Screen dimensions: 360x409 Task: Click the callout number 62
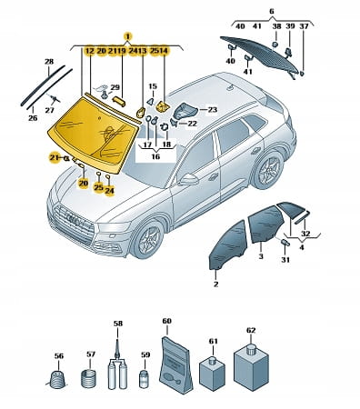[x=251, y=330]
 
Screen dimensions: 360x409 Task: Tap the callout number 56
[x=59, y=356]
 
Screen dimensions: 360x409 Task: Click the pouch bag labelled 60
[x=175, y=364]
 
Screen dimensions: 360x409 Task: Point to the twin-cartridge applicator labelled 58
[x=117, y=368]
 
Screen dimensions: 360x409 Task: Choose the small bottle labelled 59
[x=145, y=378]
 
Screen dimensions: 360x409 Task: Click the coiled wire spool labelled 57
[x=88, y=379]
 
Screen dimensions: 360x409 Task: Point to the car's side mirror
[x=188, y=180]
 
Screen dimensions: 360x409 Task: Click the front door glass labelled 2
[x=227, y=244]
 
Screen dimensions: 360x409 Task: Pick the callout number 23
[x=213, y=109]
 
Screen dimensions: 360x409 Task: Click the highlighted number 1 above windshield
[x=128, y=37]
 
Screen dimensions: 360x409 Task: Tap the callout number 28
[x=49, y=62]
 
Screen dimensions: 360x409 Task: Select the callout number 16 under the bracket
[x=155, y=156]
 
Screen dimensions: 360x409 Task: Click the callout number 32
[x=306, y=234]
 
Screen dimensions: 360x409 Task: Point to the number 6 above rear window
[x=272, y=12]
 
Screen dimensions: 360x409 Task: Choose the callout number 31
[x=285, y=260]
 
